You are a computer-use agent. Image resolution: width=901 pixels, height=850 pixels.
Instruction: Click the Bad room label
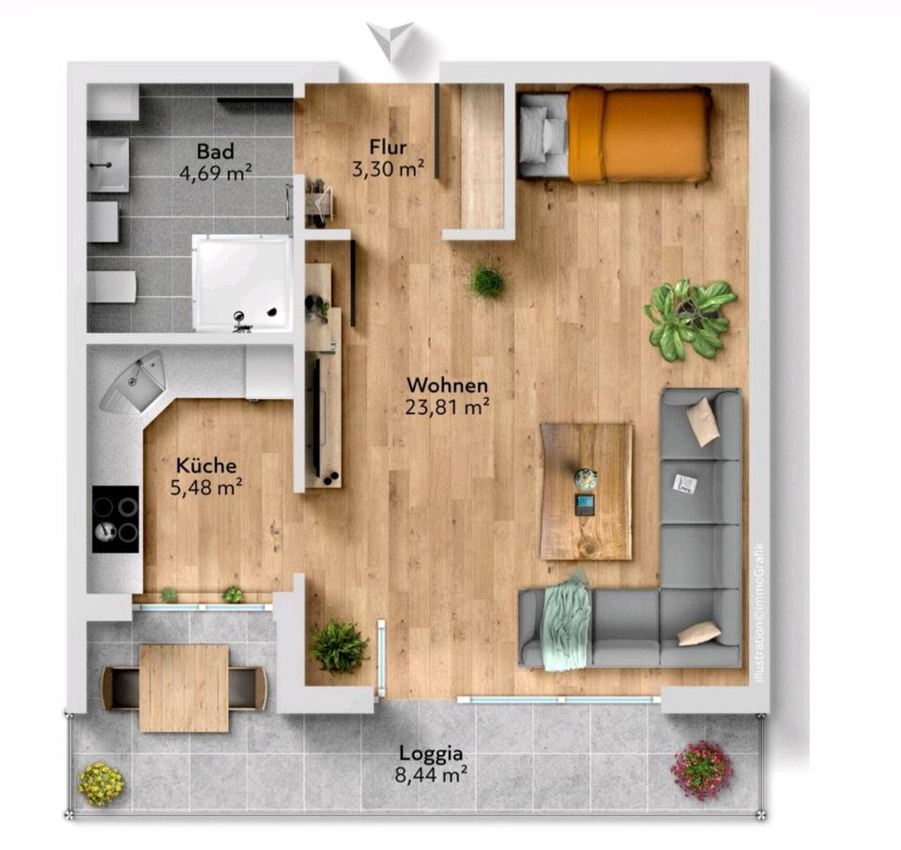215,151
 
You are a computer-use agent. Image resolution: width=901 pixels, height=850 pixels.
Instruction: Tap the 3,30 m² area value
388,169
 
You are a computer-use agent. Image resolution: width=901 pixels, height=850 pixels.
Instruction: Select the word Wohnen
447,385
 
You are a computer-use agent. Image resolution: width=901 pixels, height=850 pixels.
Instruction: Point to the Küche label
206,464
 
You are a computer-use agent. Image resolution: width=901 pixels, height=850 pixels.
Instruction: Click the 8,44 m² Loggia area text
431,775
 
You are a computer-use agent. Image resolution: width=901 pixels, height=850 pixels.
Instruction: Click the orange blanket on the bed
639,134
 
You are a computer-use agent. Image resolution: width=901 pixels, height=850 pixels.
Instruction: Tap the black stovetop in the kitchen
115,519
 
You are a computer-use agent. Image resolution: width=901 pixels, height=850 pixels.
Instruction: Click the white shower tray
242,282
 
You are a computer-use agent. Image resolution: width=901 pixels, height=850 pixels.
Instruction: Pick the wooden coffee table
587,492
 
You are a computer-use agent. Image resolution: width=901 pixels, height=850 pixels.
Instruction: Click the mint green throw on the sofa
567,621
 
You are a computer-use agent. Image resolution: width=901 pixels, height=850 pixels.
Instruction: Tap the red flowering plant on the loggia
701,769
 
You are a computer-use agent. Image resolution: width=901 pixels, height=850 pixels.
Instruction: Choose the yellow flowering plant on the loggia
101,784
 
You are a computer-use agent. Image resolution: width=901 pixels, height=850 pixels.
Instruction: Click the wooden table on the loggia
184,688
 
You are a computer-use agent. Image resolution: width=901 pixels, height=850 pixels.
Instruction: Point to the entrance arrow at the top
390,40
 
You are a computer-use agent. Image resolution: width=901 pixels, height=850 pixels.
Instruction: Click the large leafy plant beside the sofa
690,319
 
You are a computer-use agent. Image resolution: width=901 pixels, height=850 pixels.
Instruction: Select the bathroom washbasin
109,164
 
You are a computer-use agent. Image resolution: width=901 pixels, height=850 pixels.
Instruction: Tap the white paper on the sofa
684,483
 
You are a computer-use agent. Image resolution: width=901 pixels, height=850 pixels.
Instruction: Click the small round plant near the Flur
487,281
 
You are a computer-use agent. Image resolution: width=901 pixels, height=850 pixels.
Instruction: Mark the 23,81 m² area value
447,407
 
